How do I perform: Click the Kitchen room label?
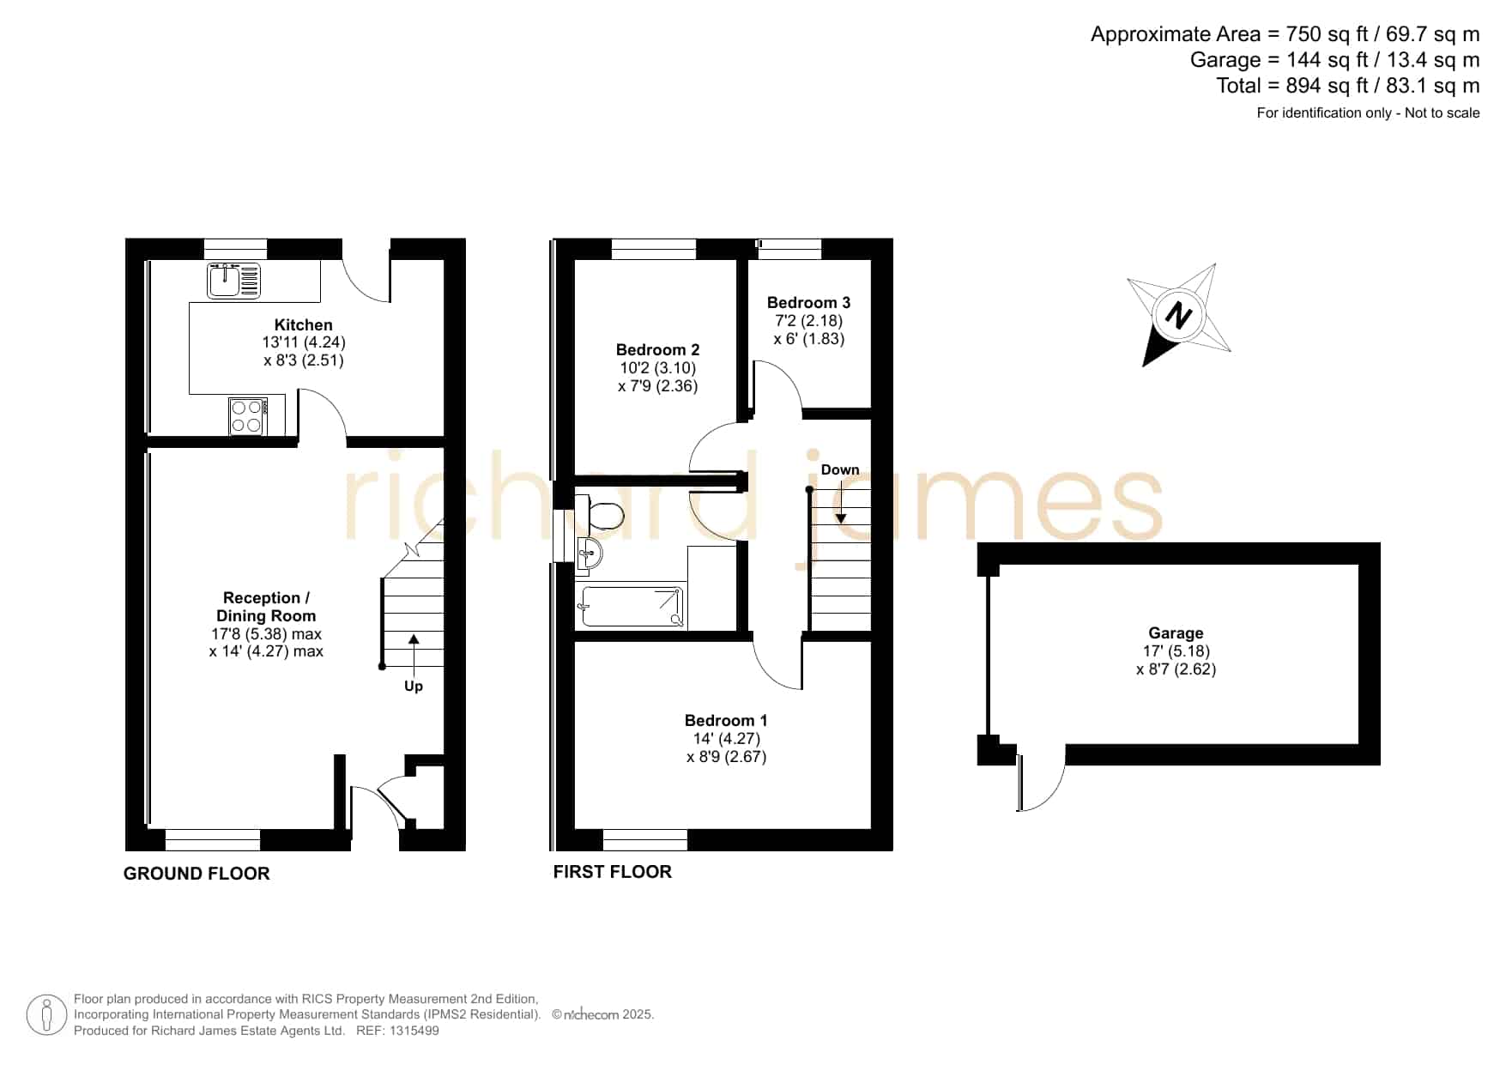pyautogui.click(x=304, y=325)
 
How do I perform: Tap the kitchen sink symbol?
pyautogui.click(x=233, y=281)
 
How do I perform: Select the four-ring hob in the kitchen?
pyautogui.click(x=246, y=416)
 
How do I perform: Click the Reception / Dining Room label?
pyautogui.click(x=266, y=607)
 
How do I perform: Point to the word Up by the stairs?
pyautogui.click(x=414, y=687)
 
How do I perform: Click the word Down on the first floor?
pyautogui.click(x=840, y=469)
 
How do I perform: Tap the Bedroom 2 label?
pyautogui.click(x=657, y=350)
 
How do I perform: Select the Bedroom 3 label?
pyautogui.click(x=808, y=303)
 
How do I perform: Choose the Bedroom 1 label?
pyautogui.click(x=726, y=721)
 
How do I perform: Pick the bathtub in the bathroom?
pyautogui.click(x=632, y=607)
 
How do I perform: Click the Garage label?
pyautogui.click(x=1176, y=633)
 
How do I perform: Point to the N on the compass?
pyautogui.click(x=1179, y=316)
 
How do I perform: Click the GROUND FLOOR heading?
pyautogui.click(x=197, y=874)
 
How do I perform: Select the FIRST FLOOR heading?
pyautogui.click(x=612, y=872)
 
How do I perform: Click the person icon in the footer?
pyautogui.click(x=46, y=1015)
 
